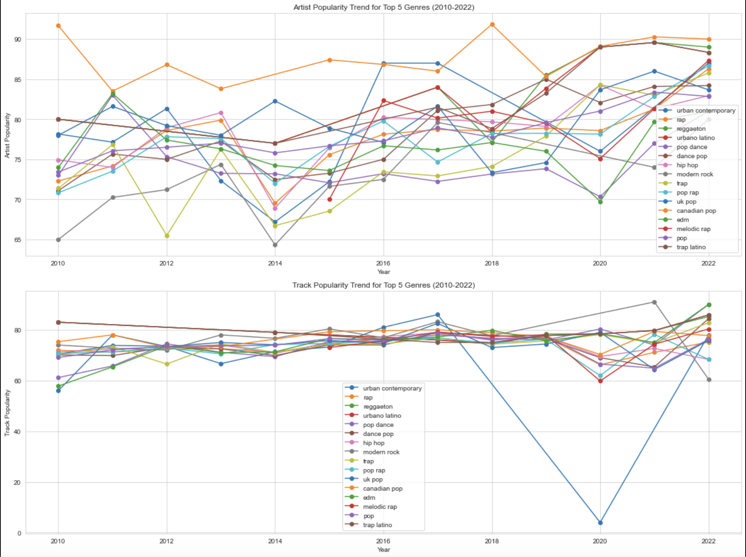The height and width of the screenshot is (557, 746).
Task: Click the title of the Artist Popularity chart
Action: click(x=383, y=7)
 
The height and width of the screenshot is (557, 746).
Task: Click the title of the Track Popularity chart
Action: click(x=383, y=285)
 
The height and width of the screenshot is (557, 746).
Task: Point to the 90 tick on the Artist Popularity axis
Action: click(x=17, y=40)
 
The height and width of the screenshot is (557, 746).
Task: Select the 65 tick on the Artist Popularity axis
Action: click(x=17, y=240)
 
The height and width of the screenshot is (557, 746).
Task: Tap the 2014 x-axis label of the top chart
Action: click(x=275, y=263)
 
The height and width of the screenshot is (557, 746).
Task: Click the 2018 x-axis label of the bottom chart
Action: click(x=492, y=541)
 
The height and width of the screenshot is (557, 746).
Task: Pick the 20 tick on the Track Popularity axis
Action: click(x=17, y=482)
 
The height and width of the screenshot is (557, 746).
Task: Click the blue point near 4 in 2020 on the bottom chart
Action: click(x=600, y=523)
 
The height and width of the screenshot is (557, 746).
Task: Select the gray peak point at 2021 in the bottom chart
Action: click(x=654, y=302)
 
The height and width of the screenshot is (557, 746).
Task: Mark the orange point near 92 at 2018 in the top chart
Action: click(x=492, y=24)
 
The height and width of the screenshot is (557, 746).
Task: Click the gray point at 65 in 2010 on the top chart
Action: click(x=58, y=240)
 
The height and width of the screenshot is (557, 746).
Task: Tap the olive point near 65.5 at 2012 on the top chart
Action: click(x=167, y=236)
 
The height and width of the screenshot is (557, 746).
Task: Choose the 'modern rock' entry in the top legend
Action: click(x=694, y=174)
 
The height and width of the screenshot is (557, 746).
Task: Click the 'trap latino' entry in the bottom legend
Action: click(x=377, y=525)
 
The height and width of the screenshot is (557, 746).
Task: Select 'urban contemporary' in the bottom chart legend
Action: click(x=392, y=388)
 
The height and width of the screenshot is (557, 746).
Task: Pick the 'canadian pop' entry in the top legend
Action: click(x=696, y=211)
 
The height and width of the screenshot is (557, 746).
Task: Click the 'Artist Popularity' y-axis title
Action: click(x=7, y=135)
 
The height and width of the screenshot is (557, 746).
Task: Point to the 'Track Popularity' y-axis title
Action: click(x=7, y=413)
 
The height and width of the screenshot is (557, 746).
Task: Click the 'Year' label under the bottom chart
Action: click(x=383, y=549)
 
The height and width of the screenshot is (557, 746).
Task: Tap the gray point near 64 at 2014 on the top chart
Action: click(x=275, y=245)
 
